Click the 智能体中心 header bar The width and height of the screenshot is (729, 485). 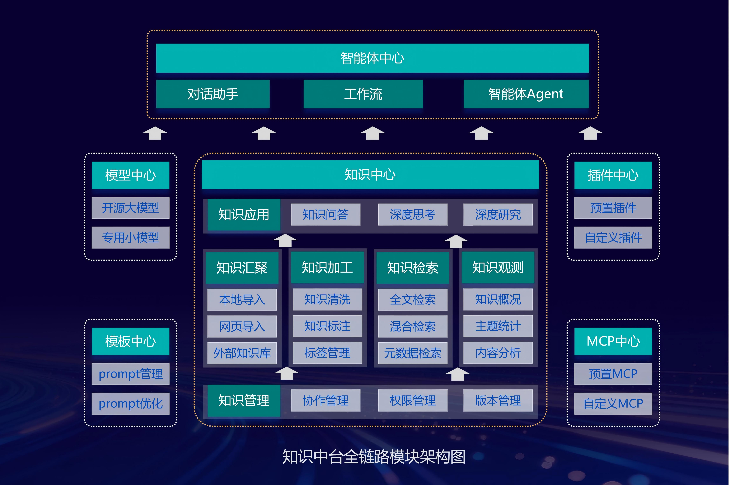coord(372,58)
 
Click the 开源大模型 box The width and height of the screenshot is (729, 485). coord(130,208)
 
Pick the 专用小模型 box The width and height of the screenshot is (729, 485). coord(130,237)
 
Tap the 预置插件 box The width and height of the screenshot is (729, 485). coord(613,208)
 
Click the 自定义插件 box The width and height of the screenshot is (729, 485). coord(613,237)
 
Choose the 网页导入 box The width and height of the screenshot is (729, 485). coord(242,326)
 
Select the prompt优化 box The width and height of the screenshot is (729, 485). coord(130,404)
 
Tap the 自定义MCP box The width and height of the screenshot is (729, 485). coord(613,404)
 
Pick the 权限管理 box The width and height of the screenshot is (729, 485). coord(413,401)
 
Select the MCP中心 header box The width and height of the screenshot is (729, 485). coord(613,341)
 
